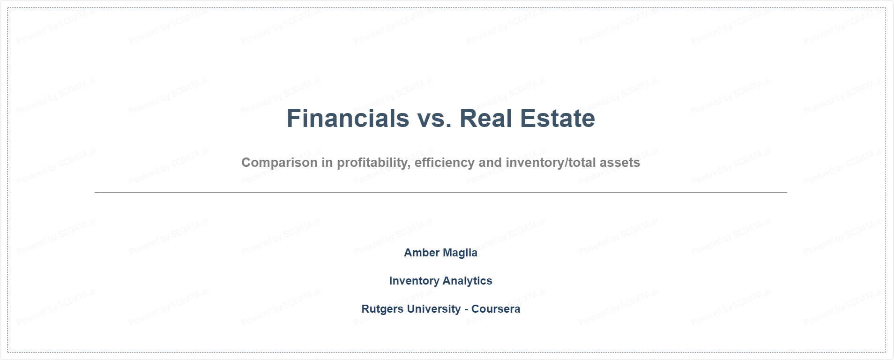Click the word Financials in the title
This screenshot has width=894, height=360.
pyautogui.click(x=348, y=118)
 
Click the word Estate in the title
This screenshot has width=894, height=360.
pyautogui.click(x=558, y=118)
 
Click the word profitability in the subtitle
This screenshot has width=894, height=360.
pyautogui.click(x=374, y=163)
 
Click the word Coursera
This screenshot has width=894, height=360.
pyautogui.click(x=496, y=309)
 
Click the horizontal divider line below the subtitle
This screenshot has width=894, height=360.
pyautogui.click(x=441, y=192)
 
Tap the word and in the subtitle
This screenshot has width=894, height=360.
pyautogui.click(x=490, y=163)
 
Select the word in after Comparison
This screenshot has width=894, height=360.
pyautogui.click(x=327, y=163)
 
